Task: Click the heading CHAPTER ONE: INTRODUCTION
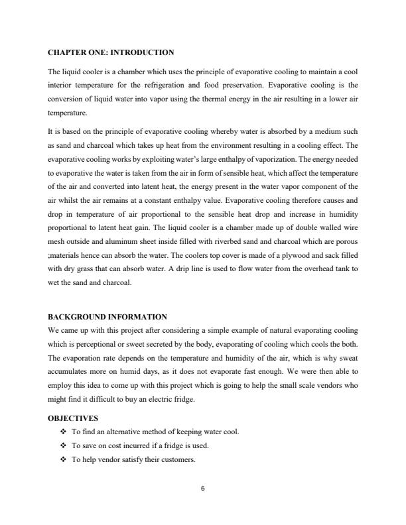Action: tap(111, 52)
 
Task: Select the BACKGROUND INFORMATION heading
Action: tap(107, 317)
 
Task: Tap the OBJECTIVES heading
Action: tap(72, 418)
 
